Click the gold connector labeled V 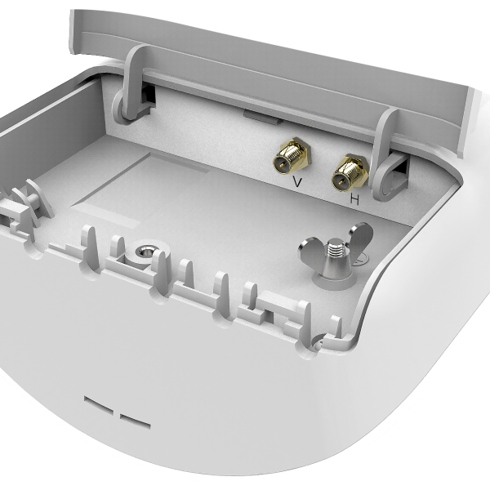pos(292,156)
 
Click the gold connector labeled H pos(350,173)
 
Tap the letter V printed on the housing pos(297,181)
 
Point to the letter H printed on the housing pos(354,199)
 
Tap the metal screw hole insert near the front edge pos(144,251)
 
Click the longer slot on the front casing pos(99,405)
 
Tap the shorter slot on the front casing pos(136,421)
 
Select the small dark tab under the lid pos(262,116)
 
